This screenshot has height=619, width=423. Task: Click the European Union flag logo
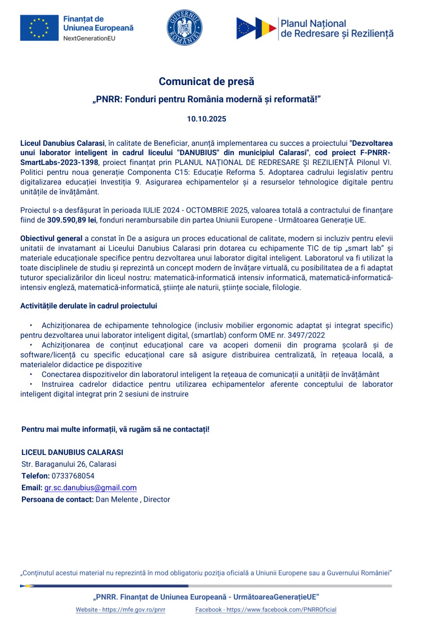click(x=39, y=28)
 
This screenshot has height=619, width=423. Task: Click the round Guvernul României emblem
click(x=184, y=28)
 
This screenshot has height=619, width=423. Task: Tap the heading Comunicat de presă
click(x=206, y=81)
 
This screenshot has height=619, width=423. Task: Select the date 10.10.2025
click(x=206, y=119)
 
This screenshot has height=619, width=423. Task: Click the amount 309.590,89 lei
click(x=72, y=220)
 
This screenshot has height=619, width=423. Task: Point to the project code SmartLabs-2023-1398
click(x=59, y=163)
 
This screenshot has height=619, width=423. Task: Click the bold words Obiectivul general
click(x=51, y=239)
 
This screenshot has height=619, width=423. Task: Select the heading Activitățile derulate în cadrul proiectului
click(x=89, y=306)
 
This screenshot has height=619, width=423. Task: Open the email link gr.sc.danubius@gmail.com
click(x=90, y=488)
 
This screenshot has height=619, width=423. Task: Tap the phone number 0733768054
click(x=73, y=476)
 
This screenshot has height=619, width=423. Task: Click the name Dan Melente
click(x=117, y=500)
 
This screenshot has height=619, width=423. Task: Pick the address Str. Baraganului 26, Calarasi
click(x=69, y=464)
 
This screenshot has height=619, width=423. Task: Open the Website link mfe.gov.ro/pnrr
click(x=121, y=610)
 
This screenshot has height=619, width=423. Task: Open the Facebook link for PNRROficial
click(x=266, y=610)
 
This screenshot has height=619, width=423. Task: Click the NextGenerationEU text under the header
click(x=89, y=38)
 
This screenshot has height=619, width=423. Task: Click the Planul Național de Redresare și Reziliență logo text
click(x=337, y=29)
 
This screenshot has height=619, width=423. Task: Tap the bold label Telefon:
click(x=36, y=476)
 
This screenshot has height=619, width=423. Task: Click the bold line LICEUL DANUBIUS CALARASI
click(x=72, y=452)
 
